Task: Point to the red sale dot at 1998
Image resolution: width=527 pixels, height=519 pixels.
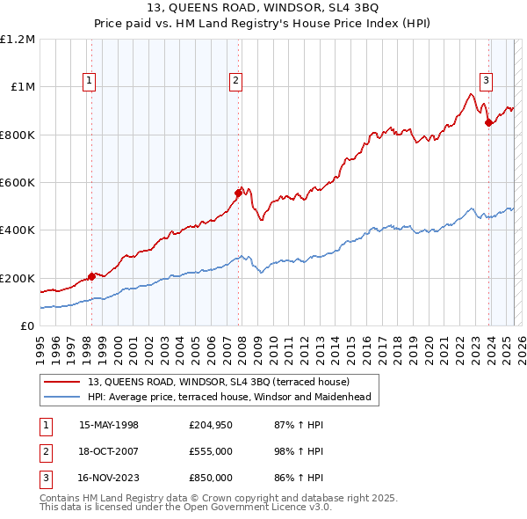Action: pyautogui.click(x=91, y=276)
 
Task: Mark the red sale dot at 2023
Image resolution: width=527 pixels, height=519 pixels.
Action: pyautogui.click(x=489, y=122)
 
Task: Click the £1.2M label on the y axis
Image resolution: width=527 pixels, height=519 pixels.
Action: pyautogui.click(x=18, y=40)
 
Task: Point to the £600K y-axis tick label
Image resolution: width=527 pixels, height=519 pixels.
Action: pyautogui.click(x=18, y=183)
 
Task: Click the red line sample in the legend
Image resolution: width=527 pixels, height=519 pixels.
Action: pyautogui.click(x=62, y=382)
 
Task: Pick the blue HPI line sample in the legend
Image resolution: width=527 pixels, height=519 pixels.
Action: pyautogui.click(x=62, y=397)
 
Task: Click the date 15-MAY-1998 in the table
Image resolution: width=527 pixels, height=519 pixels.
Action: pyautogui.click(x=109, y=425)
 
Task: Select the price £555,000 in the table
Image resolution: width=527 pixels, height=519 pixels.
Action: pyautogui.click(x=210, y=451)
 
